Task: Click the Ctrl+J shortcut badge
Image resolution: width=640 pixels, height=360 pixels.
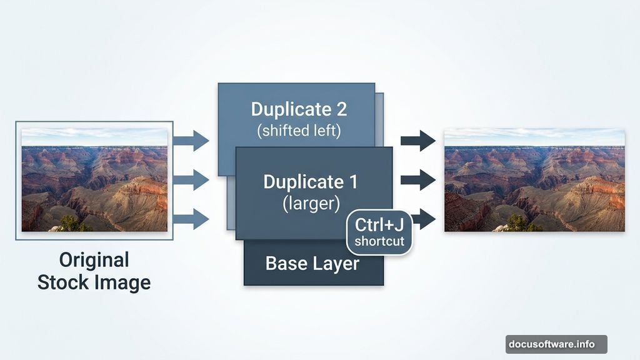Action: point(379,232)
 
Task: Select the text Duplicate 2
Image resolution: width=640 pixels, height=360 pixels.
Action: point(299,109)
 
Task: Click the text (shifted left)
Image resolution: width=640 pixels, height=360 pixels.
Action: point(299,131)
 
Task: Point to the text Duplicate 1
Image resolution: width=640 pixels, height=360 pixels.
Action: point(310,182)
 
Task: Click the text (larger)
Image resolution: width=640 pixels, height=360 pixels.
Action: point(311,204)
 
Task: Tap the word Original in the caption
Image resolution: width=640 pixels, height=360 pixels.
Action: point(94,260)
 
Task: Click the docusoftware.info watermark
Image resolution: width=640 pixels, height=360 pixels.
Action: point(556,344)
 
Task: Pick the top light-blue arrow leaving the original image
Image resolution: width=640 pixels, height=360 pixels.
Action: point(191,141)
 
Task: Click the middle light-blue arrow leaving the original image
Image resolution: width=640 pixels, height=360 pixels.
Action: point(191,180)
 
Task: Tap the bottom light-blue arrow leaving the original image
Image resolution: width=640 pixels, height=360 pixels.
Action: point(191,219)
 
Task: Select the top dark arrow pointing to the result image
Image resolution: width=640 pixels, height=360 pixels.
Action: point(417,141)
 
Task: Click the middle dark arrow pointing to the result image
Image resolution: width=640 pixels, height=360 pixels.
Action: point(417,180)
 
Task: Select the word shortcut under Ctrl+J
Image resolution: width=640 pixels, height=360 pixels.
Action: point(379,241)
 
